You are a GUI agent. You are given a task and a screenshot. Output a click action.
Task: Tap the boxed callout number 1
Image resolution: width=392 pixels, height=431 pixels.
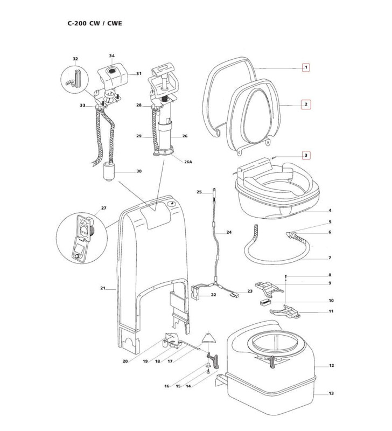306,68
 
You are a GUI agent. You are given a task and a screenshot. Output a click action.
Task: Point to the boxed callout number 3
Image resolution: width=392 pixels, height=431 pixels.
306,156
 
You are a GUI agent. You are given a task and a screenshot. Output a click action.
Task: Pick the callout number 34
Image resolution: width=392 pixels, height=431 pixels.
112,56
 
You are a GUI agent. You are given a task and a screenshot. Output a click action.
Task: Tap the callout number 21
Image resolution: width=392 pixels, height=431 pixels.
102,289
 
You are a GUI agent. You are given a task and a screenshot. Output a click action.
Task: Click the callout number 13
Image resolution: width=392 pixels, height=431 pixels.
331,393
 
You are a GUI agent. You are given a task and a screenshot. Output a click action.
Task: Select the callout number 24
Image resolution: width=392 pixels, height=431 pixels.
229,233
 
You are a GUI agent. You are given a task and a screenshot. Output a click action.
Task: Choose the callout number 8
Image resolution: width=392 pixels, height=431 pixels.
330,275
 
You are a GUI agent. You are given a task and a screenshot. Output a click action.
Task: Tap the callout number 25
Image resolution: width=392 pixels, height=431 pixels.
199,192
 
